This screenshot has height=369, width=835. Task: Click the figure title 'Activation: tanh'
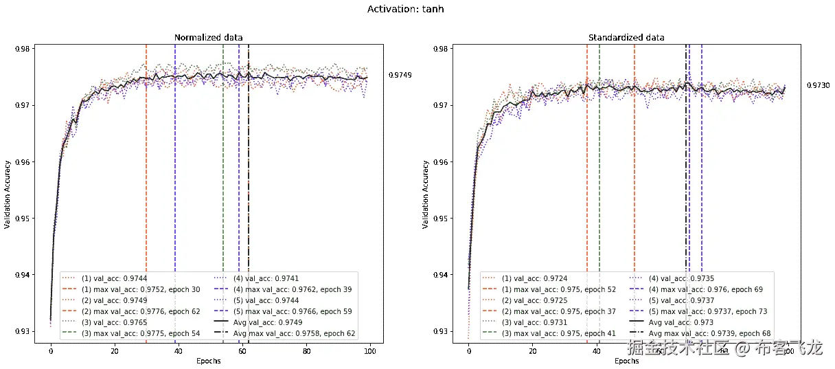410,9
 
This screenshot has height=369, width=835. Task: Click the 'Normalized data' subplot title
209,37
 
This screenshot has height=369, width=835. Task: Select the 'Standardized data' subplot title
626,37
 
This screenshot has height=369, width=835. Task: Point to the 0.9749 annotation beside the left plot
400,75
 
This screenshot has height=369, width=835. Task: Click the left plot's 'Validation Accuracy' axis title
8,194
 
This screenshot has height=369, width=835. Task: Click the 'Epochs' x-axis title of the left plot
209,361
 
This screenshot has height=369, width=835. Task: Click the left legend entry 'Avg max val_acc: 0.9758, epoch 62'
295,333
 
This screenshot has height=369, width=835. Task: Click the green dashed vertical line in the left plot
223,172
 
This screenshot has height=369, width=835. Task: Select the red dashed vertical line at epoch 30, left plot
146,172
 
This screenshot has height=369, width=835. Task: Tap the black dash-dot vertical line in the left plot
249,172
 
